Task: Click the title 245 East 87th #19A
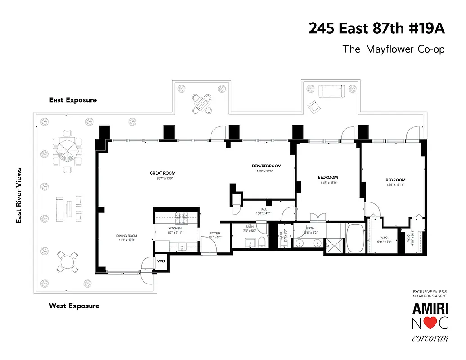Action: coord(376,28)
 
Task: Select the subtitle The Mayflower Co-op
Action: coord(394,49)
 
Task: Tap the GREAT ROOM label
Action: coord(163,173)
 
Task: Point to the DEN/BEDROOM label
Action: coord(266,166)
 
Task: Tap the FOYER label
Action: coord(215,233)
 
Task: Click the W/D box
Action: coord(161,261)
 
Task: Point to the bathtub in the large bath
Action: coord(355,238)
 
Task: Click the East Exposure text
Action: coord(73,100)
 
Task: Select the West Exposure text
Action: coord(74,306)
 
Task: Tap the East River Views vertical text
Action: coord(19,196)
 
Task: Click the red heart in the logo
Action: coord(430,323)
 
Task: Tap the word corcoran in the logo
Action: coord(430,339)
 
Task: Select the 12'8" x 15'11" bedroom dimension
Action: coord(395,184)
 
